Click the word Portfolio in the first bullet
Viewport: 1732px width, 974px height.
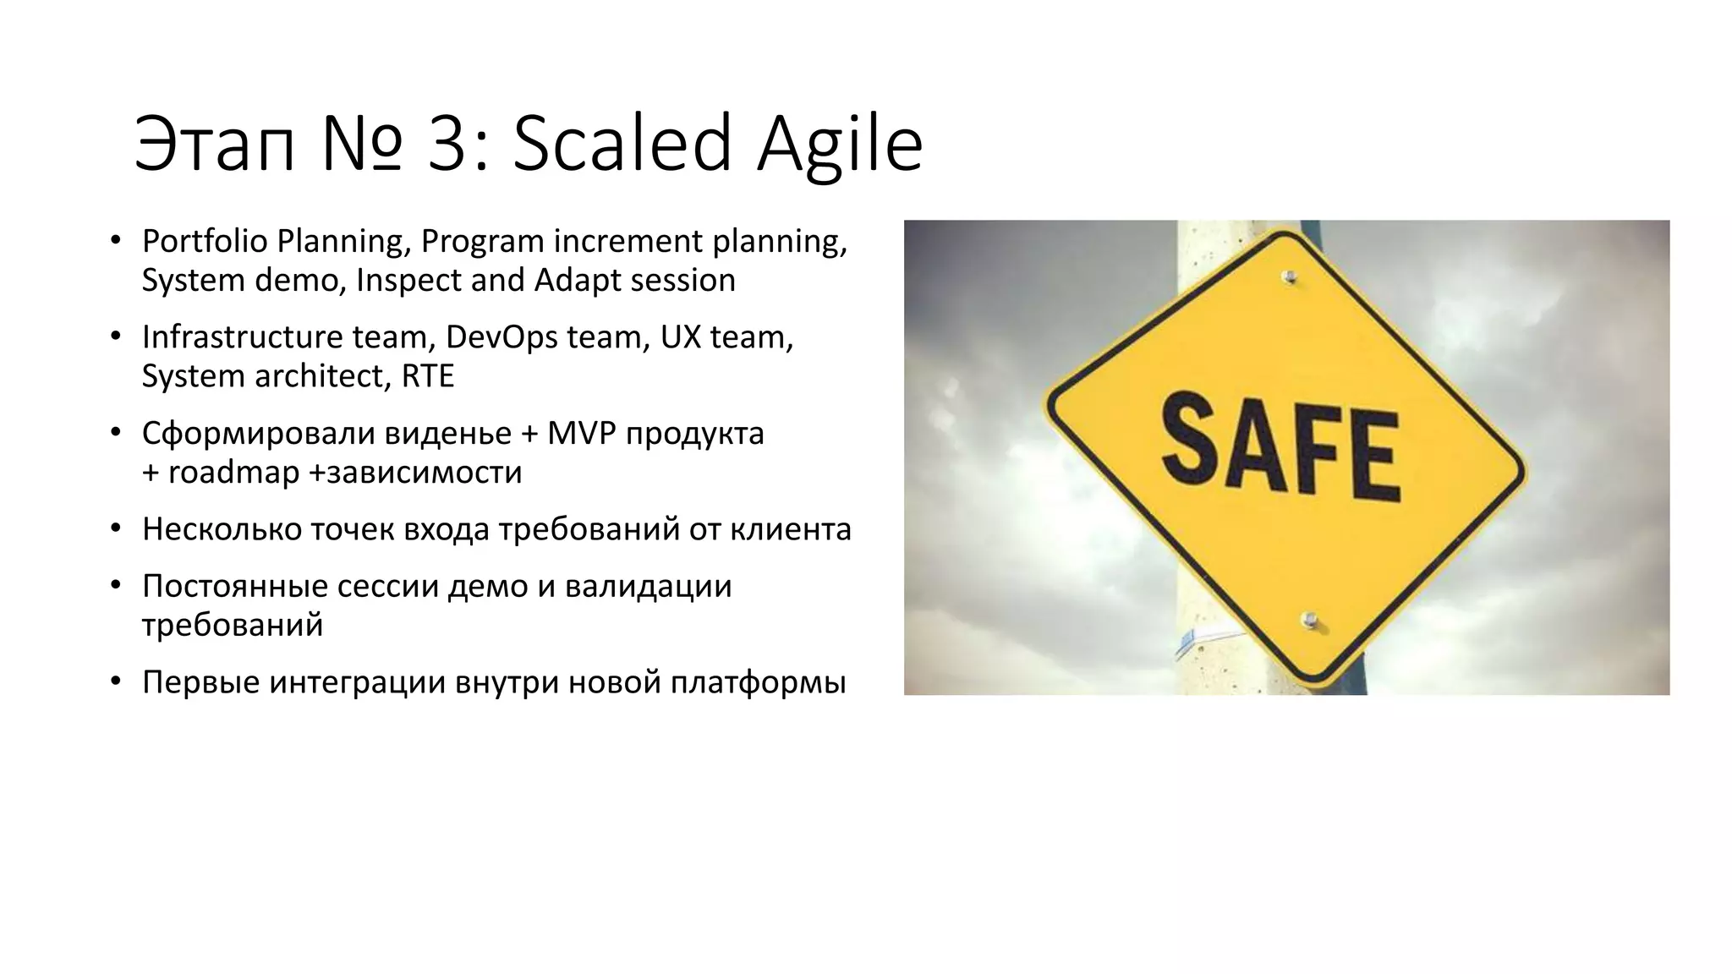pyautogui.click(x=204, y=242)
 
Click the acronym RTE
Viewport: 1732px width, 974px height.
pyautogui.click(x=427, y=376)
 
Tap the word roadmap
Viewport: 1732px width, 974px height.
pyautogui.click(x=233, y=472)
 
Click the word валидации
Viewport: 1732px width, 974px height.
pyautogui.click(x=648, y=586)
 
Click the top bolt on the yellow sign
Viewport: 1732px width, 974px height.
pyautogui.click(x=1289, y=276)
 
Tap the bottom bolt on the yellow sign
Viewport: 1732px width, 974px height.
pyautogui.click(x=1310, y=621)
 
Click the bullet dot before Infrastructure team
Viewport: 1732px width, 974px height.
pyautogui.click(x=117, y=337)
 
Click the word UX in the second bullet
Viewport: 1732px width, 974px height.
pyautogui.click(x=681, y=337)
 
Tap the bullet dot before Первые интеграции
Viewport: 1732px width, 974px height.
pyautogui.click(x=117, y=681)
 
